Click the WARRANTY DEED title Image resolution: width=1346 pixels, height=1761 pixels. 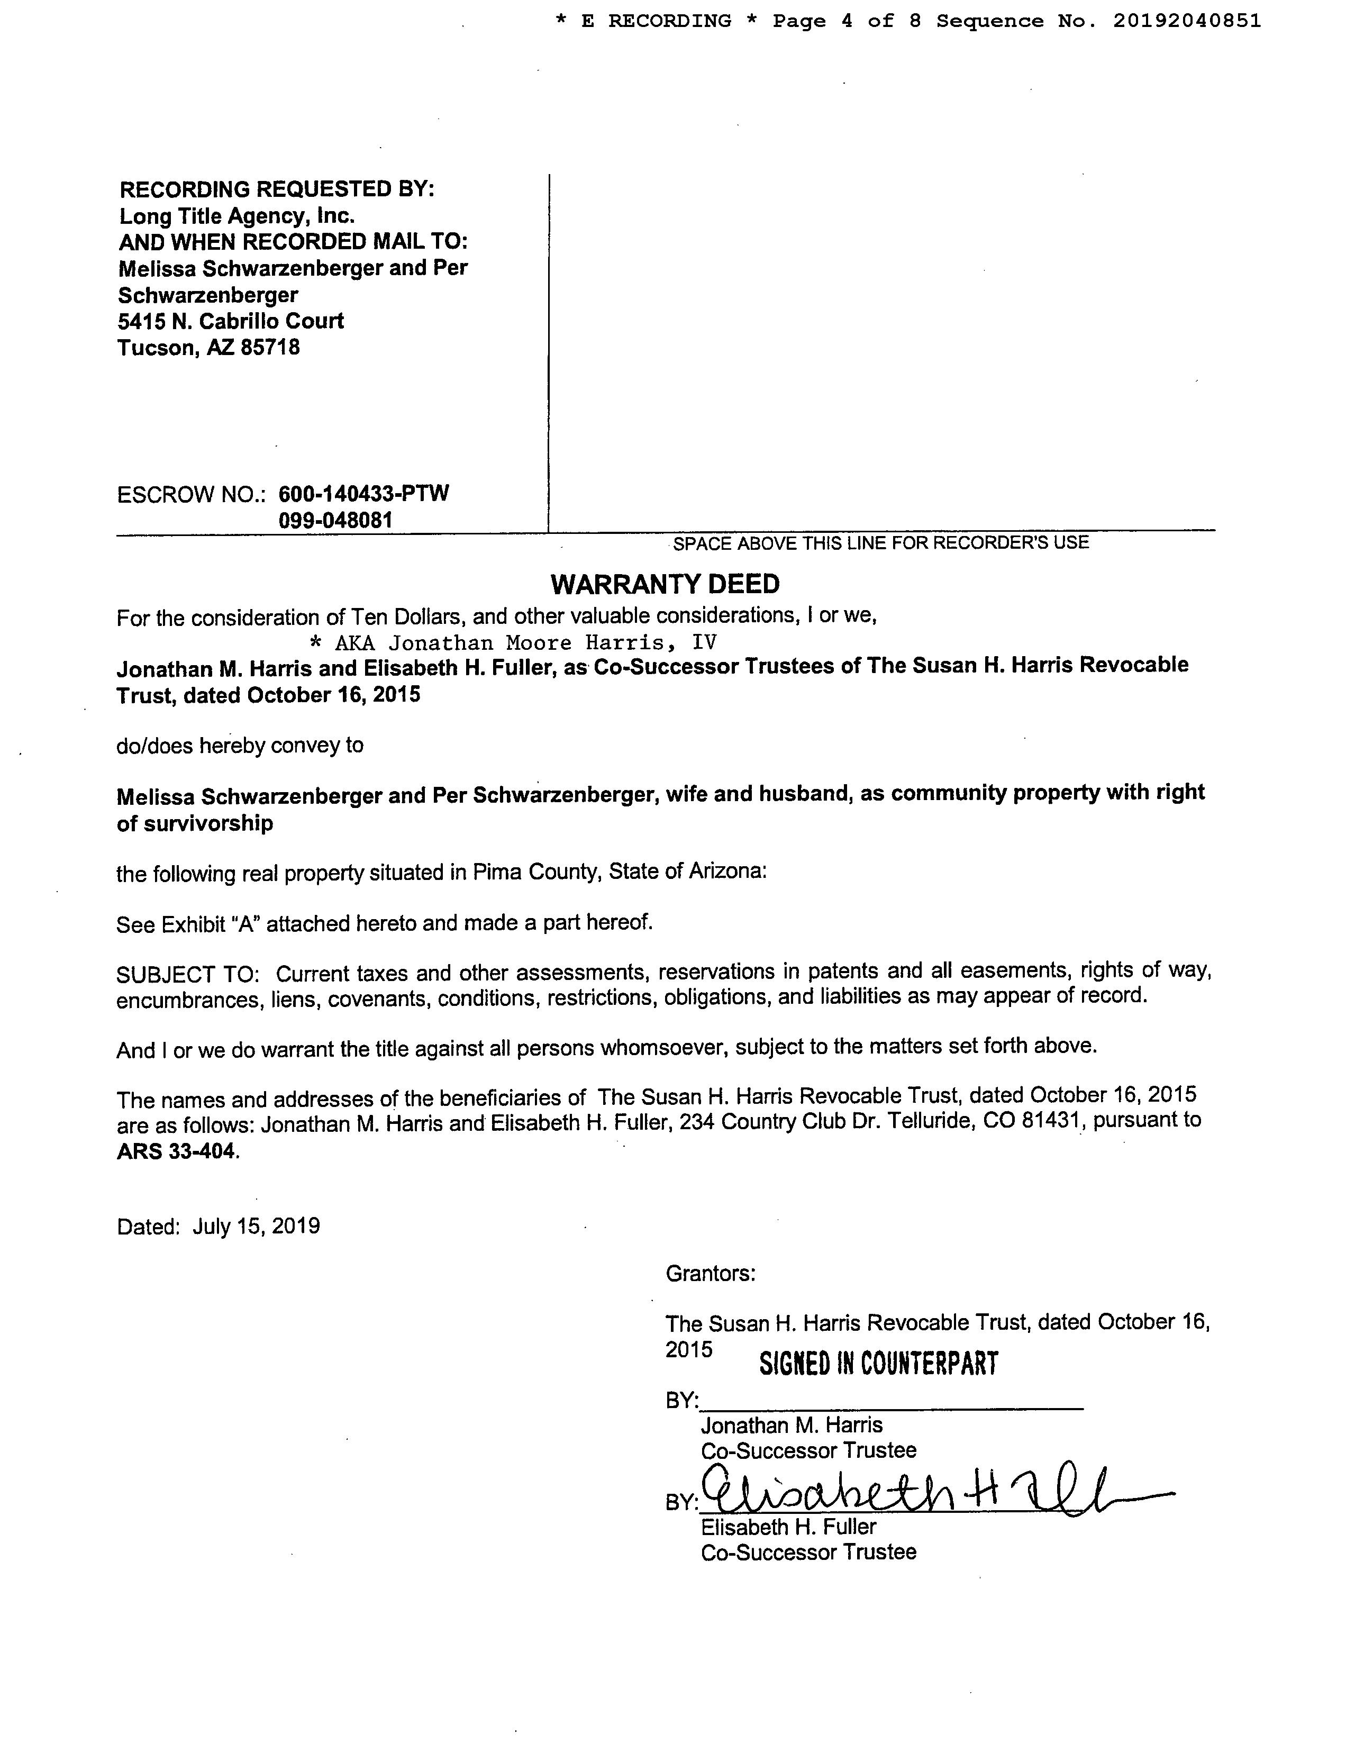pos(665,584)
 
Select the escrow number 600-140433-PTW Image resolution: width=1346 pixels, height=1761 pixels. pos(363,494)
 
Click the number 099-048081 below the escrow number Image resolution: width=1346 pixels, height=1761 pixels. pos(335,521)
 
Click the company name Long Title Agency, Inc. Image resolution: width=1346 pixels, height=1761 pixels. pos(237,215)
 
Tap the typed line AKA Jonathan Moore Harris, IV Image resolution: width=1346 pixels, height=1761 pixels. pos(513,642)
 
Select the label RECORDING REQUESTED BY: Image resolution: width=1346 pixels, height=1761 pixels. pos(276,189)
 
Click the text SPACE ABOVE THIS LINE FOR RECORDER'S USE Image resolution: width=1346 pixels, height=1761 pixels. pos(880,543)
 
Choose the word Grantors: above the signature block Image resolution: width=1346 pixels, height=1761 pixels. pos(710,1274)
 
